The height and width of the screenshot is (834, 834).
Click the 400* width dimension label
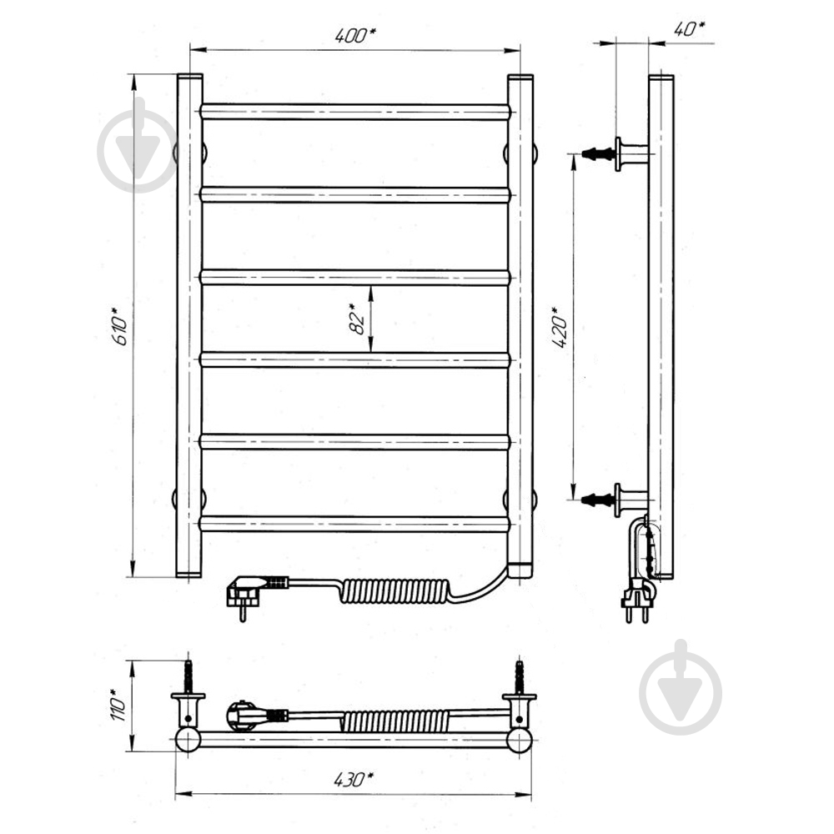click(x=355, y=35)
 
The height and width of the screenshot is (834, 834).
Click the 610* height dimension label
click(x=121, y=325)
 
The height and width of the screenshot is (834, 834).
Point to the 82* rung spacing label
click(x=358, y=319)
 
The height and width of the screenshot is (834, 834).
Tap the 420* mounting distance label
click(x=560, y=328)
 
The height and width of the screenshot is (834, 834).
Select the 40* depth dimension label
click(x=690, y=28)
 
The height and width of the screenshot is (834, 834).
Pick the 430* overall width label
click(x=354, y=781)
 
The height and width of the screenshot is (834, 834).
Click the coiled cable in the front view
click(x=396, y=590)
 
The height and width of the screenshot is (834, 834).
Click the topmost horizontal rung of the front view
click(x=355, y=112)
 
